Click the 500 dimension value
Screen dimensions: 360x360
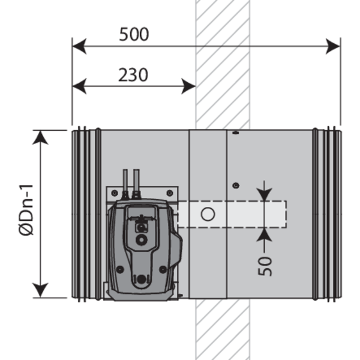(x=134, y=34)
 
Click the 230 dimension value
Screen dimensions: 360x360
(x=133, y=75)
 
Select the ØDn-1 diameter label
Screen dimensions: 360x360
(x=26, y=210)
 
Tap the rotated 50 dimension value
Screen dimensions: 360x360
(x=265, y=266)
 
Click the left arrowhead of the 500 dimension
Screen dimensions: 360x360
(x=79, y=46)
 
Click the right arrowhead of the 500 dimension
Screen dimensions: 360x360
(x=333, y=46)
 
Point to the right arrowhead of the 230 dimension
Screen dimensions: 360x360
(x=188, y=86)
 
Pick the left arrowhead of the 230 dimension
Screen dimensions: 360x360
(x=79, y=86)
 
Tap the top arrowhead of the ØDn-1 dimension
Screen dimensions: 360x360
(x=40, y=137)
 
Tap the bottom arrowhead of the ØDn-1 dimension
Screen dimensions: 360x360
(x=40, y=290)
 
